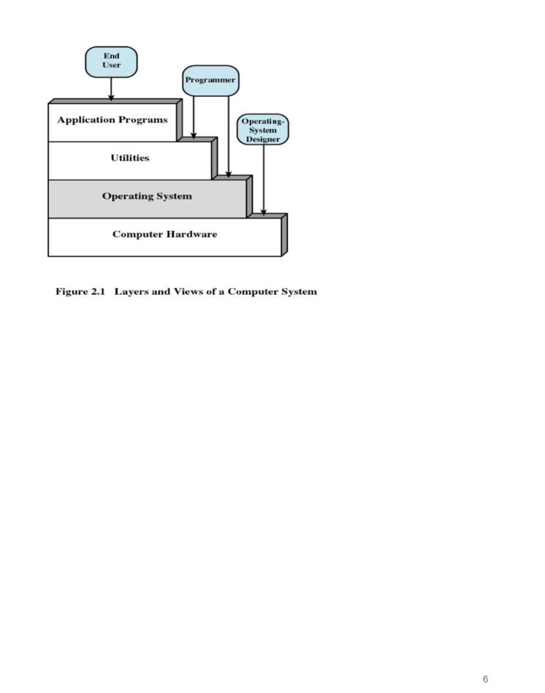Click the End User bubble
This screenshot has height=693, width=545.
[111, 61]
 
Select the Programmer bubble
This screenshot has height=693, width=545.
[211, 80]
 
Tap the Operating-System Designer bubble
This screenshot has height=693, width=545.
[263, 130]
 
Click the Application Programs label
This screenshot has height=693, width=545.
[112, 120]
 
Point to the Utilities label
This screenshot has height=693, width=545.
[130, 158]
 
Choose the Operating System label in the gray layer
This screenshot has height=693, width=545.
[147, 196]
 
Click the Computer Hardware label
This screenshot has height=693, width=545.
[165, 234]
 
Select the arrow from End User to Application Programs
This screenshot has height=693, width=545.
[111, 88]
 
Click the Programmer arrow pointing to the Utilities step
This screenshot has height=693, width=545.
[193, 117]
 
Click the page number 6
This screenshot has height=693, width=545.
[485, 679]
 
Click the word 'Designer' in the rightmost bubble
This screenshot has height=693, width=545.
[263, 139]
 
